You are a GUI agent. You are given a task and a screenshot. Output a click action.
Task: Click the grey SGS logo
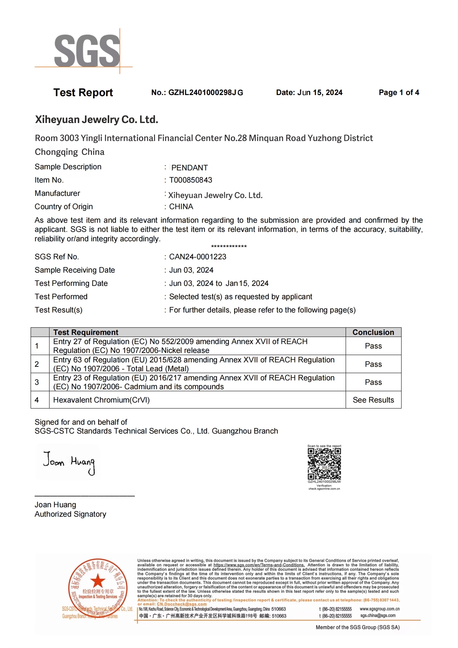[87, 51]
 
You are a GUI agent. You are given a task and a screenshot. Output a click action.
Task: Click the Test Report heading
[83, 93]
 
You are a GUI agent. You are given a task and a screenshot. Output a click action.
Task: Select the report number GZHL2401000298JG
[205, 93]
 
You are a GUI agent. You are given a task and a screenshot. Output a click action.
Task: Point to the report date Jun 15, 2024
[320, 93]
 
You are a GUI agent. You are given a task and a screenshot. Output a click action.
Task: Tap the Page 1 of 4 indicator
[399, 93]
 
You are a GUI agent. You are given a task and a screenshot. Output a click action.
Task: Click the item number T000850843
[191, 180]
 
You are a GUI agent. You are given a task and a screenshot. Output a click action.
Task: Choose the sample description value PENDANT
[189, 168]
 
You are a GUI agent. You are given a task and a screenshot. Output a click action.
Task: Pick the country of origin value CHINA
[181, 207]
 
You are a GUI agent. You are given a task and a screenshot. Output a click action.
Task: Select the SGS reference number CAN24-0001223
[198, 257]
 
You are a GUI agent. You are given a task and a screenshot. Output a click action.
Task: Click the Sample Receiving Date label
[75, 270]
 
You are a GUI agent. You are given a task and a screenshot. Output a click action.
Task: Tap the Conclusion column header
[373, 332]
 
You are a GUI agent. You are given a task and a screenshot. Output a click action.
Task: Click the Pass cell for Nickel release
[373, 346]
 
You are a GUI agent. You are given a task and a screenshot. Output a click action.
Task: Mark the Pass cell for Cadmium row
[373, 382]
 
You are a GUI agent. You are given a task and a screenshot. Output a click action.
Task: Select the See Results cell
[373, 400]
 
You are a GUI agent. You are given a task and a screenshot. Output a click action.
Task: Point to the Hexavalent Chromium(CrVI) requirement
[102, 400]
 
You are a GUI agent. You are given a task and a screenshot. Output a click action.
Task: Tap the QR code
[324, 464]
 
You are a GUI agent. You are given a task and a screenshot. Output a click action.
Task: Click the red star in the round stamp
[97, 581]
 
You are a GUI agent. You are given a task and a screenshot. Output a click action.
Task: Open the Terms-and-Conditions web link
[259, 565]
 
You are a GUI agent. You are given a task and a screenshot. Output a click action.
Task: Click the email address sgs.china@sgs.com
[378, 615]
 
